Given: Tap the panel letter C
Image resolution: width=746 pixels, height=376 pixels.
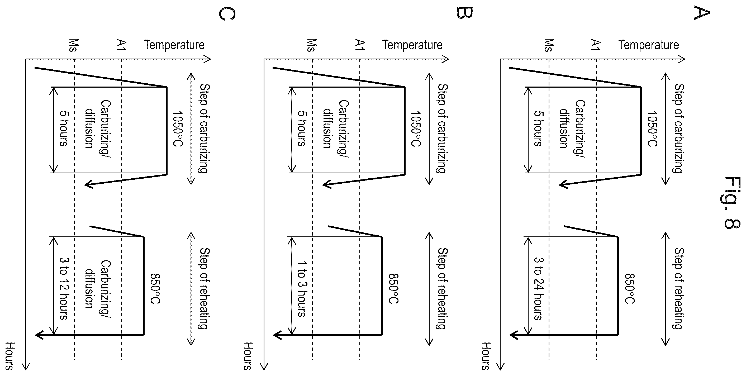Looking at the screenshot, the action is point(227,14).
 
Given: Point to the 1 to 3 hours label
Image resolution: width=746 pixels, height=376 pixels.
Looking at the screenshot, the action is point(302,289).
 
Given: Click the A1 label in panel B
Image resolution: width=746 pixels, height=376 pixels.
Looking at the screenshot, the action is point(360,45).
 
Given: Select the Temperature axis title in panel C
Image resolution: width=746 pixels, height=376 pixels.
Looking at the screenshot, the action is point(174,45).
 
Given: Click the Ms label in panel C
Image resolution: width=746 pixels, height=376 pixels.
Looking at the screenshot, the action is point(74,45).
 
